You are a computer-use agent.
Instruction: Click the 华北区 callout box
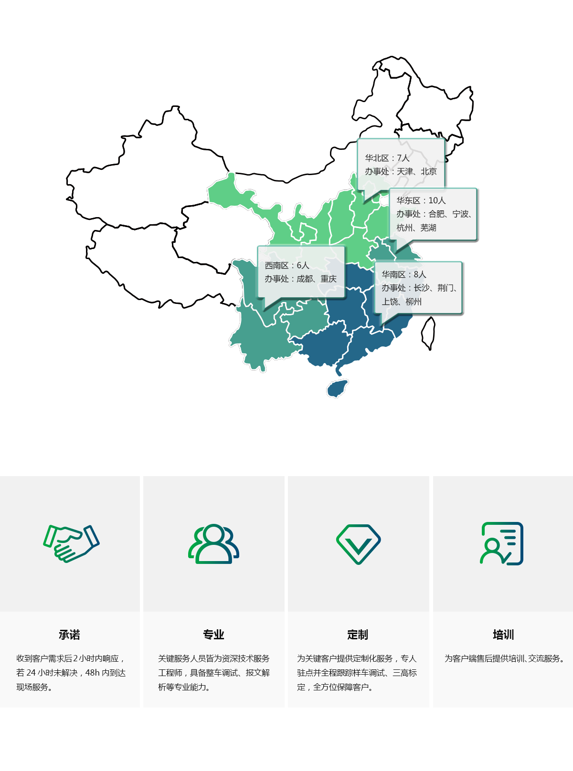(x=401, y=165)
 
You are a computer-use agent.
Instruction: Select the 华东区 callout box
(x=433, y=214)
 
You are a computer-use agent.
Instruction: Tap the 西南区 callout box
(x=301, y=272)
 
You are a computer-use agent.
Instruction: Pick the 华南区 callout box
(x=418, y=288)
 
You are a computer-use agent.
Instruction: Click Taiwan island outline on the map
(x=428, y=333)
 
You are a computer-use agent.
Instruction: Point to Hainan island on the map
(x=337, y=388)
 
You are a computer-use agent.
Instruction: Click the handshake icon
(x=71, y=543)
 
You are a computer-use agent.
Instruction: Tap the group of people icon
(x=213, y=543)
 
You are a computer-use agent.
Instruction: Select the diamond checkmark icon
(x=358, y=543)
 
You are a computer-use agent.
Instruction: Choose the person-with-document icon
(x=502, y=543)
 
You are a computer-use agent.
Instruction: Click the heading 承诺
(x=69, y=635)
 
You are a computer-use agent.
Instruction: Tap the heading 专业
(x=213, y=635)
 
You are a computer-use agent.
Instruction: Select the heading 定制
(x=358, y=635)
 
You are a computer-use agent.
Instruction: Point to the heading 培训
(x=503, y=635)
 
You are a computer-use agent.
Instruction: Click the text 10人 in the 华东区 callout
(x=437, y=200)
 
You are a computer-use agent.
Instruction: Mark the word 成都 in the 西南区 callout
(x=305, y=279)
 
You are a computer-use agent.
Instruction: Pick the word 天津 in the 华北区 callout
(x=405, y=171)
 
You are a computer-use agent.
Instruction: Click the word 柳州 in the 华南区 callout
(x=414, y=302)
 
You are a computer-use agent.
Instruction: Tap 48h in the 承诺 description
(x=93, y=673)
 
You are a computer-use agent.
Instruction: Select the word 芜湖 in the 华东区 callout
(x=428, y=228)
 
